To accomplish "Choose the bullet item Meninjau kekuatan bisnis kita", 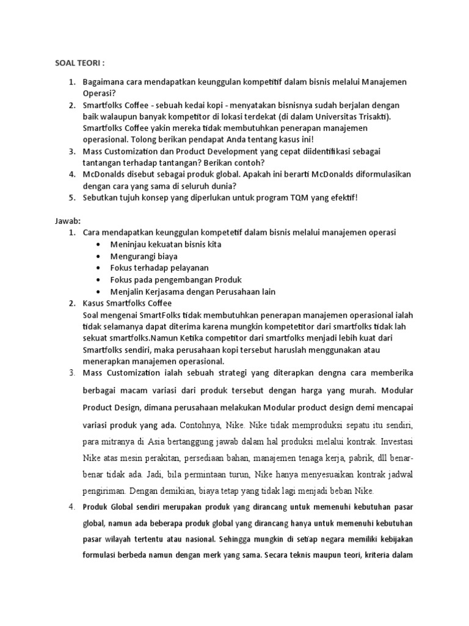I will point(157,245).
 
